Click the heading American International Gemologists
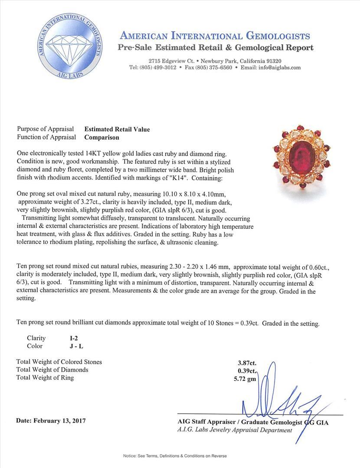(215, 36)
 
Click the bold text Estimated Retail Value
(117, 129)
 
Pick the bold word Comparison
(101, 137)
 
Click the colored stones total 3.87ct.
(246, 362)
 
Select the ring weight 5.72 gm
(245, 378)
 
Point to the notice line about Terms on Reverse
(175, 456)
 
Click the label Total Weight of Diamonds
(52, 370)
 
